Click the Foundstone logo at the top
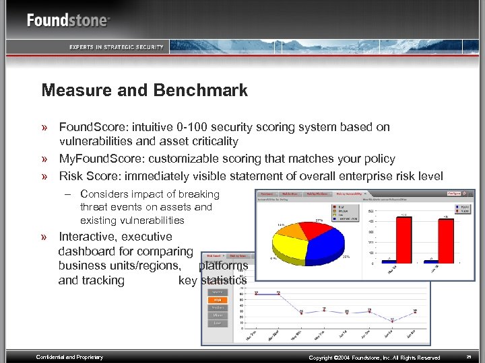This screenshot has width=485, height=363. coord(67,20)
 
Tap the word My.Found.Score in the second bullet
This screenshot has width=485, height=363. coord(101,159)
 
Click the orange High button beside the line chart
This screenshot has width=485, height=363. coord(218,300)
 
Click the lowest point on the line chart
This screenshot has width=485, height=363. coord(392,321)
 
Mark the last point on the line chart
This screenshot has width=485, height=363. coord(415,311)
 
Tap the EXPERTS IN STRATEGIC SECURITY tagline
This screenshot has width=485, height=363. coord(116,46)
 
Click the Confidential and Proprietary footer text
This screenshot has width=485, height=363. coord(69,357)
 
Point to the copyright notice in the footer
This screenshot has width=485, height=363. coord(374,358)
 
